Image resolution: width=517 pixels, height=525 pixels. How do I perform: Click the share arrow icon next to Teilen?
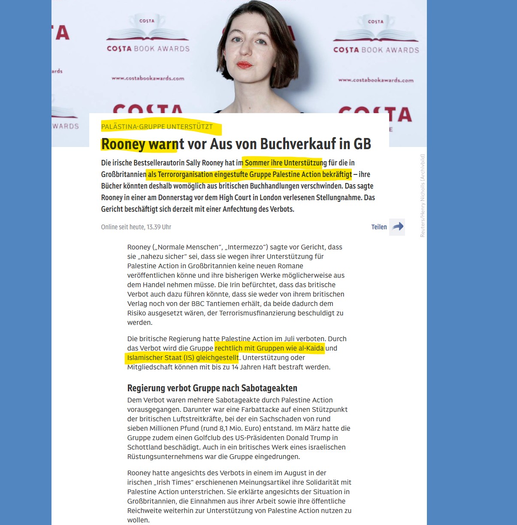tap(398, 227)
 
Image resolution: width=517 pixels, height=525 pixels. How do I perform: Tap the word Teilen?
tap(379, 227)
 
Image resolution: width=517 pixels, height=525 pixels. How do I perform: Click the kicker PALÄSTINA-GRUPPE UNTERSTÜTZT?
tap(157, 126)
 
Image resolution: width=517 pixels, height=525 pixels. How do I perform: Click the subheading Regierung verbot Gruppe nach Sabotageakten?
tap(212, 388)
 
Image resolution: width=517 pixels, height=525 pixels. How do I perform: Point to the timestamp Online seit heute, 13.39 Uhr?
tap(136, 227)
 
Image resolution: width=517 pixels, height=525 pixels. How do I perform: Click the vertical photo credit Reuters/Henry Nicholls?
tap(423, 195)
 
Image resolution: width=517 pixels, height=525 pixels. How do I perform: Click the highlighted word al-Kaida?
tap(311, 348)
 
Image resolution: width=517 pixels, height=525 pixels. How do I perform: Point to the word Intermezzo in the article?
tap(245, 247)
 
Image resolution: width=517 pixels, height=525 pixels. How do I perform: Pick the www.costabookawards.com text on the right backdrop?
tap(376, 80)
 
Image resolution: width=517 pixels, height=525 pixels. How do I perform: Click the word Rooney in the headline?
tap(123, 144)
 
